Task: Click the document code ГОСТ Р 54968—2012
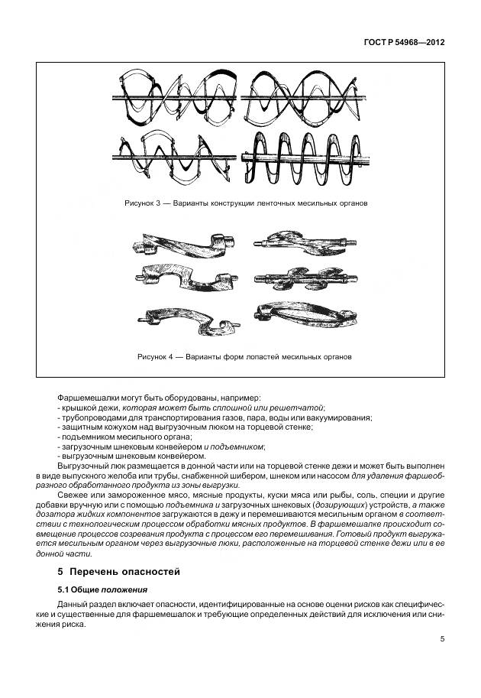pyautogui.click(x=405, y=43)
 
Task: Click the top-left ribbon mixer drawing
pyautogui.click(x=176, y=97)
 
